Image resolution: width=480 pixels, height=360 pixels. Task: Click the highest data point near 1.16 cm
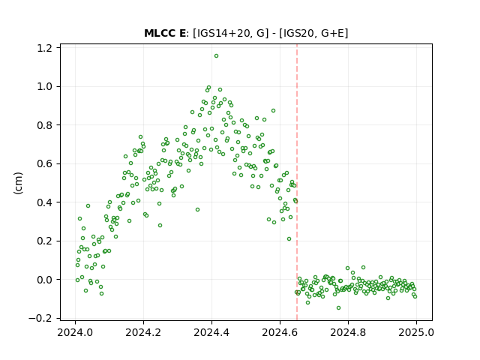click(x=216, y=56)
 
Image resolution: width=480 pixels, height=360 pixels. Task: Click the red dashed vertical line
click(x=297, y=182)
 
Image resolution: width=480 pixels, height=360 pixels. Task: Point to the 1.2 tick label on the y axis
click(x=44, y=48)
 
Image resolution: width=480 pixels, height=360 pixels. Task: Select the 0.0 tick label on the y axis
click(x=44, y=280)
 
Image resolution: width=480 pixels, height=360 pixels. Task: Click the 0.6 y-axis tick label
click(x=44, y=163)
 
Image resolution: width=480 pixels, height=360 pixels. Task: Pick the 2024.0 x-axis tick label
click(x=75, y=332)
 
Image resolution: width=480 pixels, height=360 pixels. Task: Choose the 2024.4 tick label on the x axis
click(x=211, y=332)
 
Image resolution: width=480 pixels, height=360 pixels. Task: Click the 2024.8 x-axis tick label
click(x=348, y=332)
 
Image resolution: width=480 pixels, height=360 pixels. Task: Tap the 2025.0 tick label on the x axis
click(x=416, y=332)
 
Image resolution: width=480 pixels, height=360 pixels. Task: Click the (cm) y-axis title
click(x=18, y=183)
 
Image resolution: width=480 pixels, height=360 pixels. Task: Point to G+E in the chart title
click(x=333, y=33)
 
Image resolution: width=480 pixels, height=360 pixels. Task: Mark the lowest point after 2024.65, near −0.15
click(x=338, y=307)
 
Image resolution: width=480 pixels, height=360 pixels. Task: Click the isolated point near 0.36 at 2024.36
click(x=197, y=210)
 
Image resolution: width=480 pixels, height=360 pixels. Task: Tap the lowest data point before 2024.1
click(x=102, y=293)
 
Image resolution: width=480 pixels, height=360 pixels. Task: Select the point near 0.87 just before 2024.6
click(x=273, y=110)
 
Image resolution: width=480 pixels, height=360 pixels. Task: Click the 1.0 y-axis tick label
click(x=44, y=87)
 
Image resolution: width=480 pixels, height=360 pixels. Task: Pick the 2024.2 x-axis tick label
click(x=143, y=332)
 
